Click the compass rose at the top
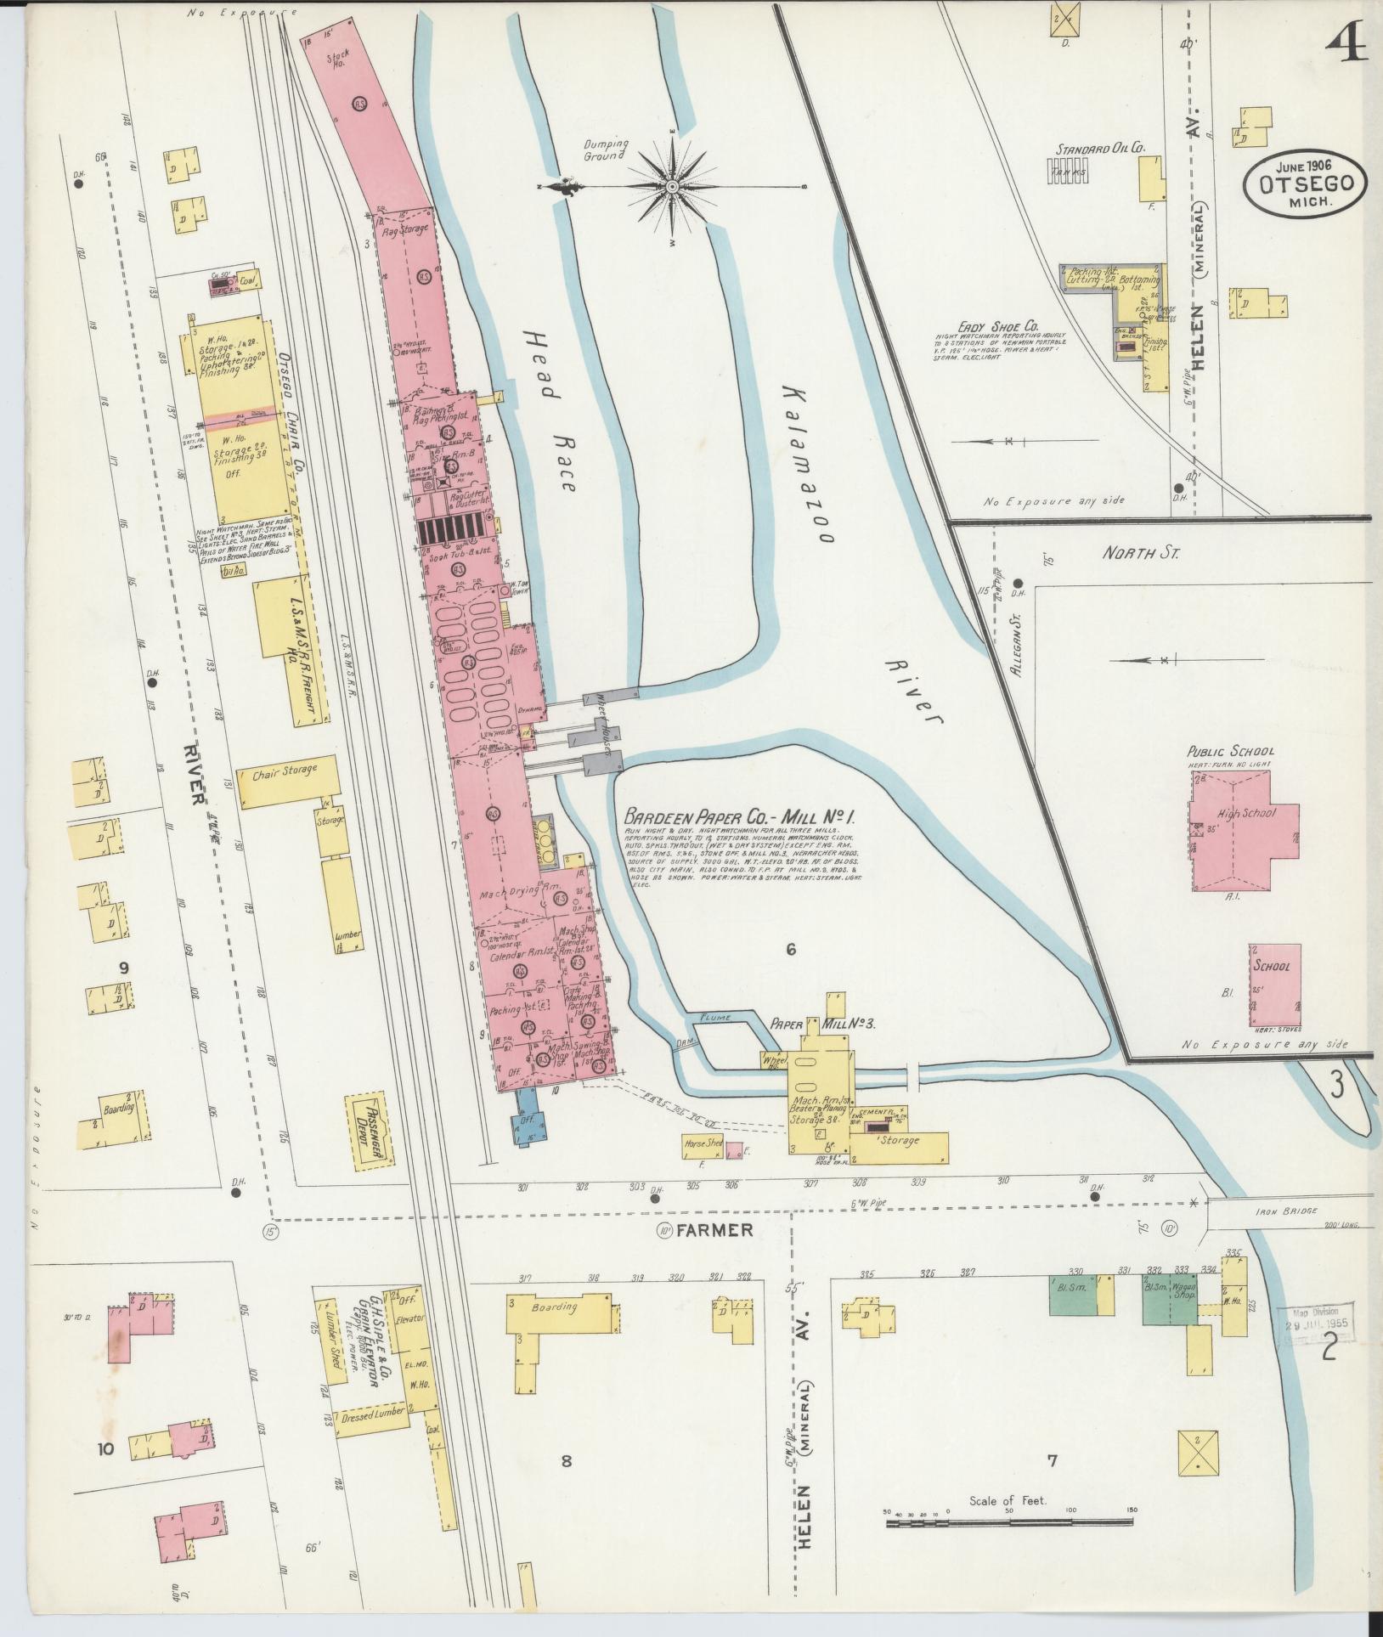tap(672, 186)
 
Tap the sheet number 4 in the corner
tap(1346, 40)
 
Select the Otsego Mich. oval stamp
tap(1306, 189)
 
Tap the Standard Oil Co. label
tap(1100, 148)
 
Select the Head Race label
tap(545, 411)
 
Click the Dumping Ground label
tap(605, 150)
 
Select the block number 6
tap(790, 950)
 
